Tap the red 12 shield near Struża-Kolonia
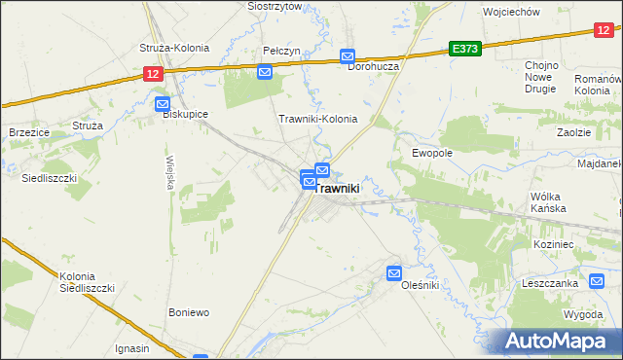click(x=151, y=73)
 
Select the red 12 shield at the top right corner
click(x=604, y=31)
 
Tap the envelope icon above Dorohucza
click(x=347, y=57)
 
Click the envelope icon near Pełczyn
click(x=264, y=71)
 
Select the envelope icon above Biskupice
click(x=163, y=103)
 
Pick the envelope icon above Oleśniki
click(x=394, y=273)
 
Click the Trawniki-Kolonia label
click(x=318, y=120)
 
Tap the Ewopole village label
click(x=432, y=153)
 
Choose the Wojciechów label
click(x=511, y=12)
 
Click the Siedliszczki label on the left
click(x=49, y=179)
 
